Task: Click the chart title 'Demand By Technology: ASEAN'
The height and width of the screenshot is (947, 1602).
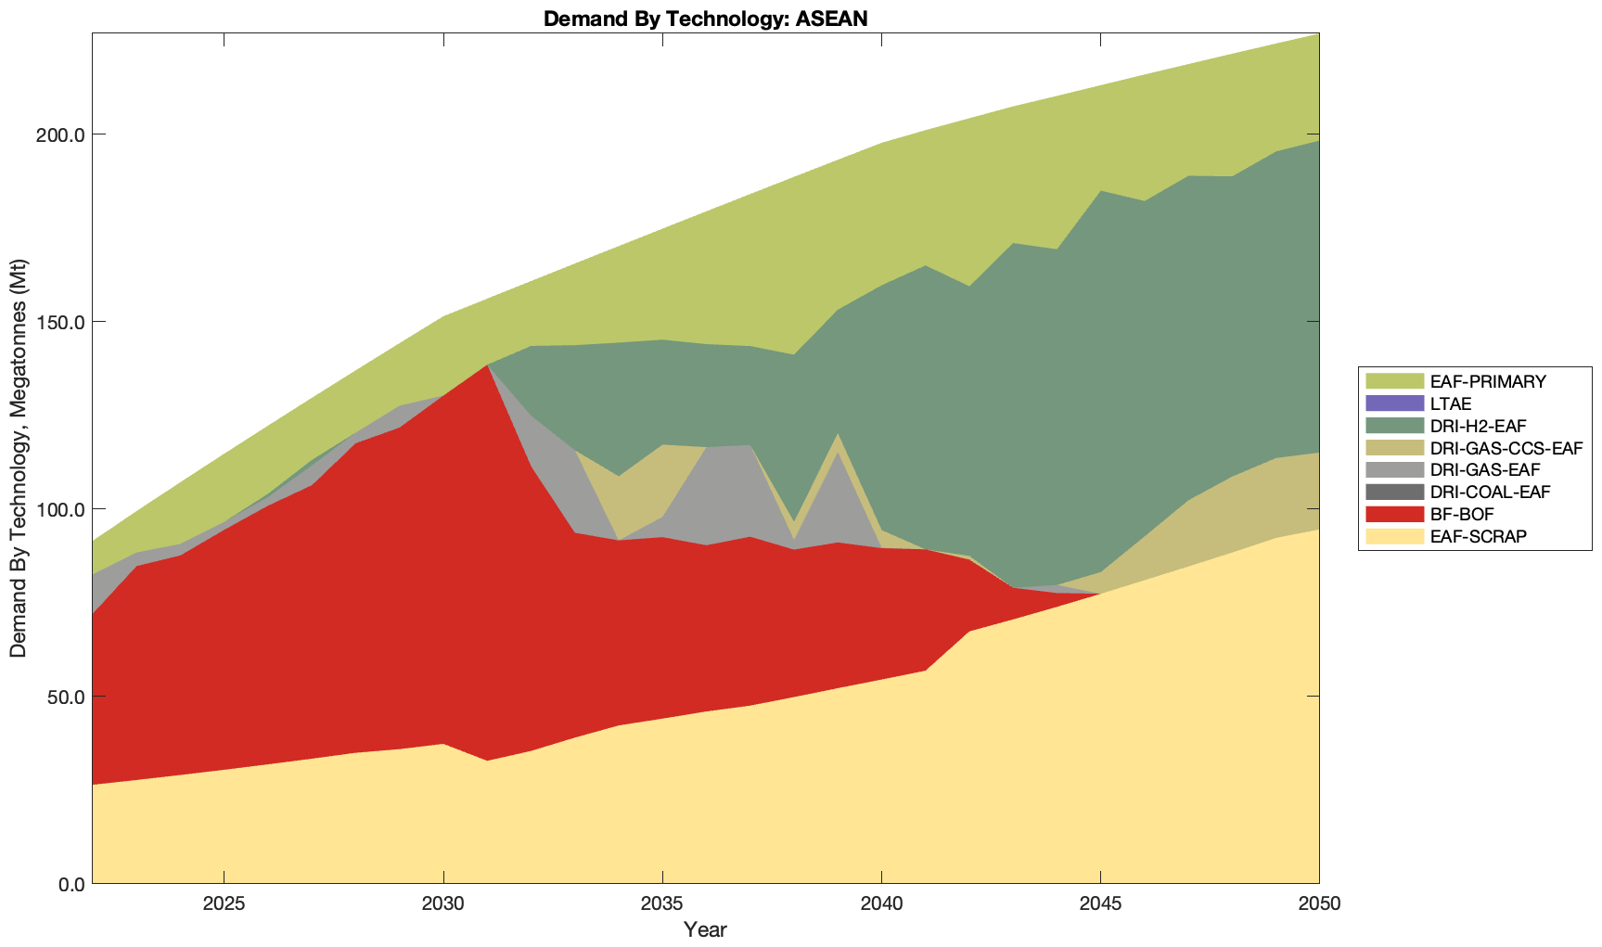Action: pyautogui.click(x=705, y=19)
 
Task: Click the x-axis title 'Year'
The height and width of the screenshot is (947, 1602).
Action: pyautogui.click(x=705, y=929)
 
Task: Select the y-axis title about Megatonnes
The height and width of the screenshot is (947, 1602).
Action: pyautogui.click(x=19, y=457)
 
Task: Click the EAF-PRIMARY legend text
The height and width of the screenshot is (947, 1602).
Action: pyautogui.click(x=1488, y=381)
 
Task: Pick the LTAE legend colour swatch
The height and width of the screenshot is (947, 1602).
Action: pyautogui.click(x=1393, y=403)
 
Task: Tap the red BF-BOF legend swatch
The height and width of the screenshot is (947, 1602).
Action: pyautogui.click(x=1393, y=514)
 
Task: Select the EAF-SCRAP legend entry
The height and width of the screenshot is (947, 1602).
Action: pyautogui.click(x=1478, y=536)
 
